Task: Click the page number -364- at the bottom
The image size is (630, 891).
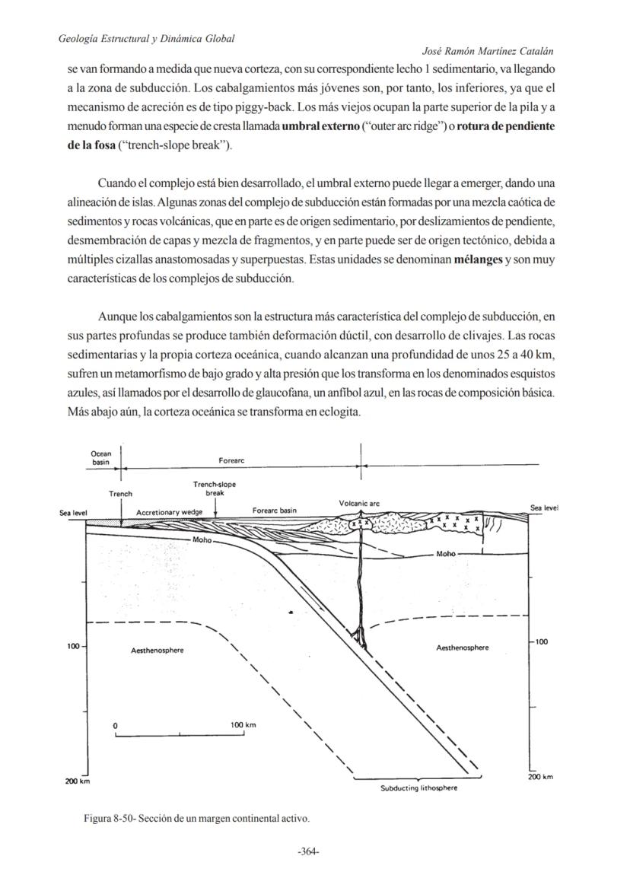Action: (x=308, y=851)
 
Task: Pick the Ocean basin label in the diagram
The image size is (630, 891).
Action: (x=101, y=458)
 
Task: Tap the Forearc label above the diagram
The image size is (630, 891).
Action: (x=231, y=461)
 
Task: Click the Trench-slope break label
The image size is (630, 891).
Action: (x=214, y=488)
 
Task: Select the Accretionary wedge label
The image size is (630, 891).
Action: (x=169, y=513)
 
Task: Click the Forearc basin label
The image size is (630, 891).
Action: (x=274, y=511)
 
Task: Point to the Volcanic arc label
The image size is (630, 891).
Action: (x=359, y=503)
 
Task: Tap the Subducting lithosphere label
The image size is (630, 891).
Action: (x=418, y=788)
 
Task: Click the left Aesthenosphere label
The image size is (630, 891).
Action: (x=157, y=651)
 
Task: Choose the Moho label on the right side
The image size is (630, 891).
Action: (x=446, y=554)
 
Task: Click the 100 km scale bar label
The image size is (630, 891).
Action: (x=243, y=725)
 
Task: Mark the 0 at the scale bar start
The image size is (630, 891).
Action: (x=115, y=726)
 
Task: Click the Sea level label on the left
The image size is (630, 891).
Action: (x=74, y=513)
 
